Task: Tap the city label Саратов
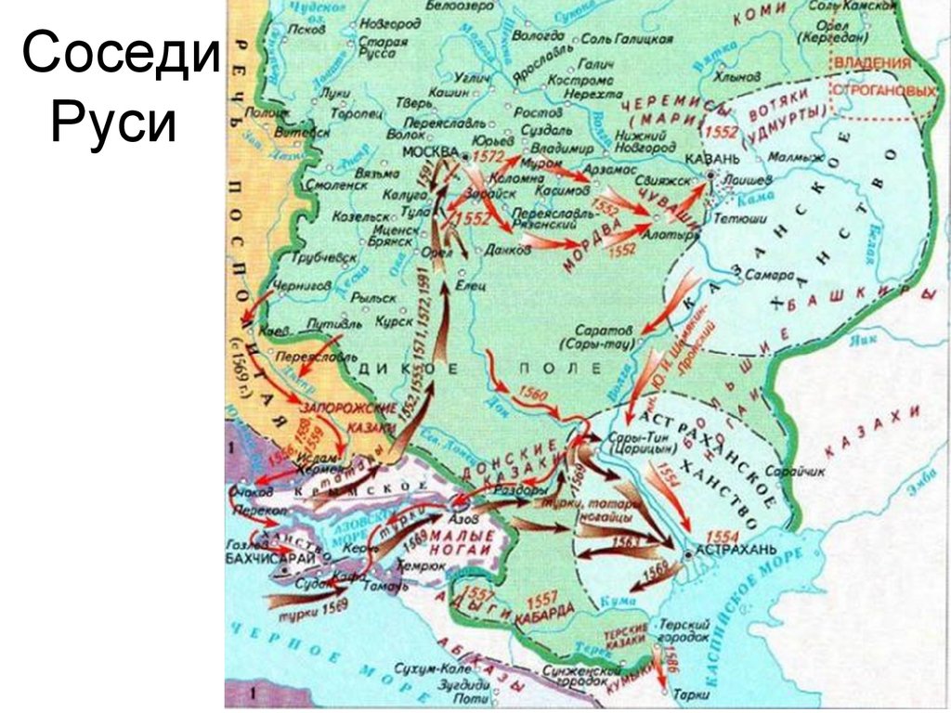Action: (604, 330)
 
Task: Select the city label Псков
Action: (306, 29)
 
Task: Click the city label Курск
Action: (394, 321)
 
